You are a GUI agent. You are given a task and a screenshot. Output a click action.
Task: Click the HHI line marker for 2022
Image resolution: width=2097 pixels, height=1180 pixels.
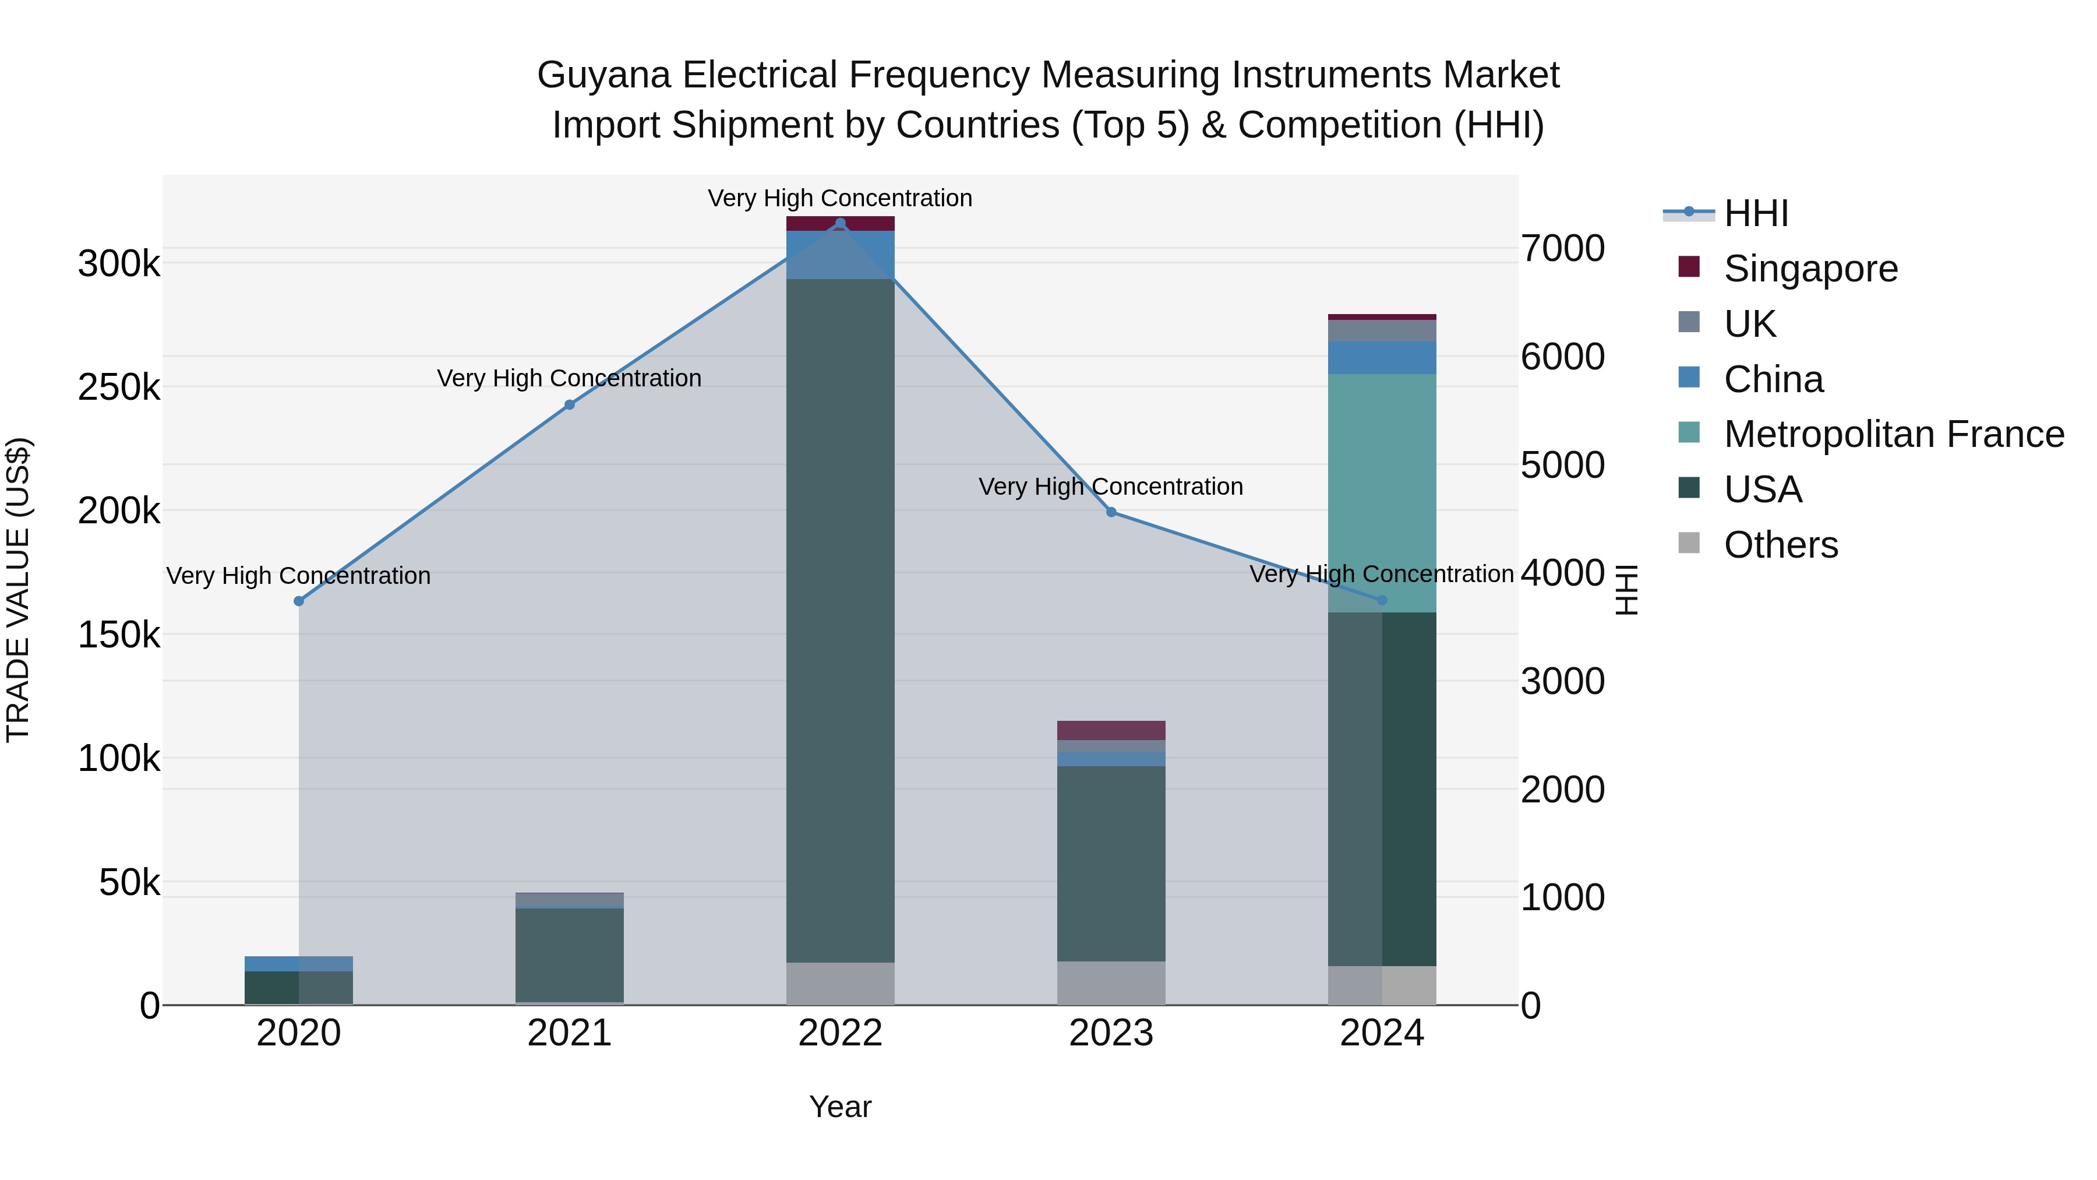(840, 223)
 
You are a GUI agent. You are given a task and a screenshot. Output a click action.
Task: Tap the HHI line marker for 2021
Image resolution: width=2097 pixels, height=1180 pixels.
(570, 405)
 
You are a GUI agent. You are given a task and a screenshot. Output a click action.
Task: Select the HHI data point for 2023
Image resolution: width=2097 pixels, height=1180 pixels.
(1111, 512)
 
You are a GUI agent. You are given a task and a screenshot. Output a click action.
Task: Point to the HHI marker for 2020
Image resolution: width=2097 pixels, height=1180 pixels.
(299, 601)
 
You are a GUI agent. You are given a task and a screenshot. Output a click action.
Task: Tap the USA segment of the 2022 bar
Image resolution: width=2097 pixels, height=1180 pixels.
(840, 619)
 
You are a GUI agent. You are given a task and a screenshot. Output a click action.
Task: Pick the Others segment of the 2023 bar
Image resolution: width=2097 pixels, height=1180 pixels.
(1111, 983)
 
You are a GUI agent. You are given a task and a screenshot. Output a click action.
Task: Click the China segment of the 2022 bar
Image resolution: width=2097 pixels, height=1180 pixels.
(840, 255)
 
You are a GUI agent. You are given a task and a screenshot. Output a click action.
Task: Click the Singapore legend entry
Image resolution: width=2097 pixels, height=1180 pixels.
(1810, 269)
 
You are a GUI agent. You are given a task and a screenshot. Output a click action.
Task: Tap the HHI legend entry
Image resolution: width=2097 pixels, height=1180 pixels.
(1755, 213)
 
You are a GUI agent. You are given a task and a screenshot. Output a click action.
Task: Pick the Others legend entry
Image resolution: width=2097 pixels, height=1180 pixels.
(1780, 545)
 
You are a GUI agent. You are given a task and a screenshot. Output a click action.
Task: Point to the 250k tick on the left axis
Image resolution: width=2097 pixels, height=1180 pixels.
(119, 388)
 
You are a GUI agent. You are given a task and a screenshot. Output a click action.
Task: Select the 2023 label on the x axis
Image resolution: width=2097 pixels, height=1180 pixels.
(1111, 1033)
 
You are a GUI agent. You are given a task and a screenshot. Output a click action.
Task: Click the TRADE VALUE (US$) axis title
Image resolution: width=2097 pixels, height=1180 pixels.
(18, 590)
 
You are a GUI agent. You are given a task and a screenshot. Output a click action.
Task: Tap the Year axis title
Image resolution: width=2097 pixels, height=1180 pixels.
(840, 1107)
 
